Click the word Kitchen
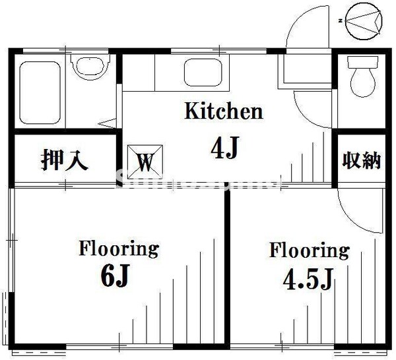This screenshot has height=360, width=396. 222,111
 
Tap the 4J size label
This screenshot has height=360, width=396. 224,150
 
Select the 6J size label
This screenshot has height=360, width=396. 119,276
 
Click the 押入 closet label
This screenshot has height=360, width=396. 64,161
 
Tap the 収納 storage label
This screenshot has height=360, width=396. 361,160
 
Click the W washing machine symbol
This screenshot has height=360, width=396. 145,160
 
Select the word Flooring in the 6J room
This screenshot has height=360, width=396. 119,249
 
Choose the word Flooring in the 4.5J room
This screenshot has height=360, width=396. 308,251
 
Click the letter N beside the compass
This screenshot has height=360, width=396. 341,20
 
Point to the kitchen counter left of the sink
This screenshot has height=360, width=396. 139,73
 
